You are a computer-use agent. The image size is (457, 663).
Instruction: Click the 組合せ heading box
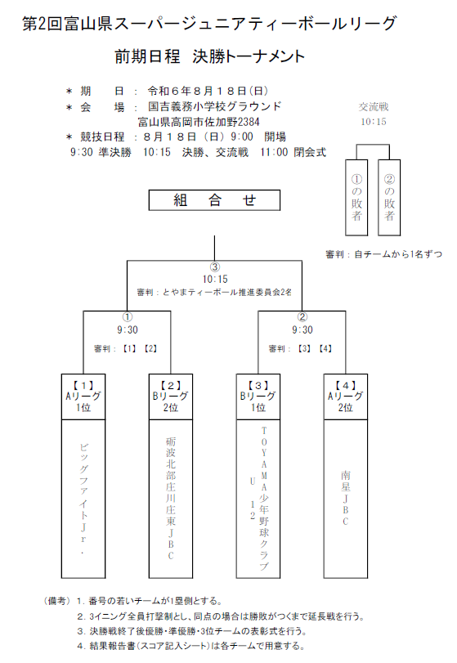point(214,200)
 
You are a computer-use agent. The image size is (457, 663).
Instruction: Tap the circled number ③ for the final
point(215,267)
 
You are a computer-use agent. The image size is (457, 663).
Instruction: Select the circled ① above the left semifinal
point(128,317)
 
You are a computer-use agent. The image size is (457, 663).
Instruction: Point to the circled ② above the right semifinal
point(302,317)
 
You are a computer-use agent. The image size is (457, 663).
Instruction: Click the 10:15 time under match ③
point(215,280)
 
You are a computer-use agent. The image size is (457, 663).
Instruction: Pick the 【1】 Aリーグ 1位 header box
point(83,396)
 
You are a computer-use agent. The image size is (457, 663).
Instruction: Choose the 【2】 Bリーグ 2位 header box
point(171,396)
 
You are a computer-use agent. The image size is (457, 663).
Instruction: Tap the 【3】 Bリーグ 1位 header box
point(258,396)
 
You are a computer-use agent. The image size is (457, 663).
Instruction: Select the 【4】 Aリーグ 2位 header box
point(346,396)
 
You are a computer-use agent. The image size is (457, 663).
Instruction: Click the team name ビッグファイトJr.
point(83,499)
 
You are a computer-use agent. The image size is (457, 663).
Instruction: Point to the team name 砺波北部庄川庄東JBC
point(171,499)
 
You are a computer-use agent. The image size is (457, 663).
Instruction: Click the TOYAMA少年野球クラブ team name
point(264,499)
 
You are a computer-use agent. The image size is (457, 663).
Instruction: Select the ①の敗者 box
point(356,198)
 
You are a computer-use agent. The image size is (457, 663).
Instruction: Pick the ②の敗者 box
point(389,198)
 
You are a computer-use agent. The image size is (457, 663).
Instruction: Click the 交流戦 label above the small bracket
point(374,107)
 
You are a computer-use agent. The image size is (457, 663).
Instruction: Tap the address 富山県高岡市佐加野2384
point(199,122)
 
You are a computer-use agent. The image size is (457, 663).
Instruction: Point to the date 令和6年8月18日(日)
point(208,91)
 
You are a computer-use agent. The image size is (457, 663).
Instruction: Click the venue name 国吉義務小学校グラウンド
point(214,106)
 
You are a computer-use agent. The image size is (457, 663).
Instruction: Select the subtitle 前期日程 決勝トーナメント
point(209,56)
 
